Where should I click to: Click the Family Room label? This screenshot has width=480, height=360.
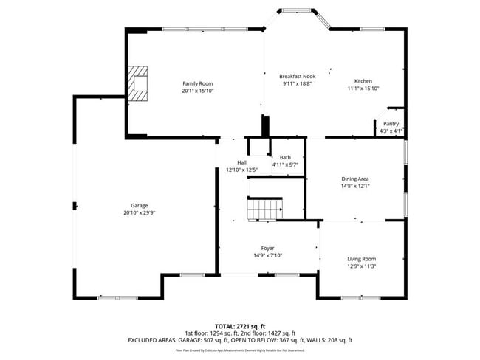coord(198,83)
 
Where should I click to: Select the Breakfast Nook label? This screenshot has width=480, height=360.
coord(298,77)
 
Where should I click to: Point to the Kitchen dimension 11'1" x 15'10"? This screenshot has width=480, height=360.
coord(363,89)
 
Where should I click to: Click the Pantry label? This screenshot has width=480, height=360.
coord(391,123)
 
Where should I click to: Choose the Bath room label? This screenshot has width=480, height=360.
coord(284,157)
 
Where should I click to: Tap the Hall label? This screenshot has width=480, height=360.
coord(241,162)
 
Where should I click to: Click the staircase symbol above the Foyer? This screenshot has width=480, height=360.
coord(264,210)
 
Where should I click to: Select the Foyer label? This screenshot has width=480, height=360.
coord(267,248)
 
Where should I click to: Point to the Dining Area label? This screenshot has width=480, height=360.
coord(355,179)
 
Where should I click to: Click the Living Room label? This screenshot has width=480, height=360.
coord(362,258)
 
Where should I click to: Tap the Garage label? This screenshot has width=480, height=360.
coord(140,205)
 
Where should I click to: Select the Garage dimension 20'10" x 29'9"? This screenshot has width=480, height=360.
coord(140,212)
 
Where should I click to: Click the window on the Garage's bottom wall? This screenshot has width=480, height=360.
coord(117,297)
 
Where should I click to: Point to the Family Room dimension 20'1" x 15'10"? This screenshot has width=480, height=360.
coord(198,91)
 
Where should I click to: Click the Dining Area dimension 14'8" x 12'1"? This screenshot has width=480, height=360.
coord(355,186)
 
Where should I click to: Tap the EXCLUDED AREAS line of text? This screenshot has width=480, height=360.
coord(240,340)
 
